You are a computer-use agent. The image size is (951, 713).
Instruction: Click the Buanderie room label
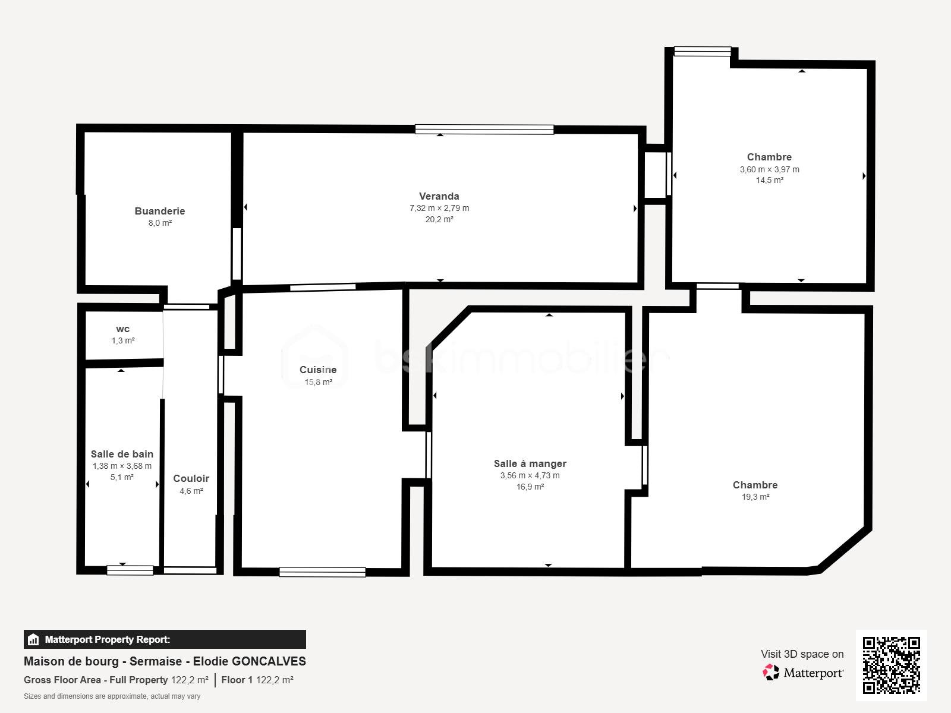pyautogui.click(x=159, y=211)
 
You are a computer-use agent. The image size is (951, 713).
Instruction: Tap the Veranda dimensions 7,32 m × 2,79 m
pyautogui.click(x=439, y=208)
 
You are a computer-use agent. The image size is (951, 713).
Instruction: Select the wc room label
pyautogui.click(x=122, y=329)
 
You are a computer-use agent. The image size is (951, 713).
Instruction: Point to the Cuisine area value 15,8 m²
pyautogui.click(x=319, y=382)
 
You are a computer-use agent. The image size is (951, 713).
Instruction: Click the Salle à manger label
pyautogui.click(x=530, y=463)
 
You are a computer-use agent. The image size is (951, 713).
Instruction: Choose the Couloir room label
pyautogui.click(x=191, y=478)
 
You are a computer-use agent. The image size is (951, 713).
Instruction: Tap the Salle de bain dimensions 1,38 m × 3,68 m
pyautogui.click(x=122, y=466)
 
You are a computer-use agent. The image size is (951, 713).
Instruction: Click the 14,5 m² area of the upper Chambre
pyautogui.click(x=769, y=180)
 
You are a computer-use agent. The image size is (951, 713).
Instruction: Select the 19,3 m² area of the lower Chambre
pyautogui.click(x=755, y=497)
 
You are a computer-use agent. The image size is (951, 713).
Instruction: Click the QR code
pyautogui.click(x=891, y=665)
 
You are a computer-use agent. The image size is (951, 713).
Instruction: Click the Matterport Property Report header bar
pyautogui.click(x=165, y=639)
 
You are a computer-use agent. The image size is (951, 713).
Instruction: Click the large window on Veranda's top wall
pyautogui.click(x=484, y=130)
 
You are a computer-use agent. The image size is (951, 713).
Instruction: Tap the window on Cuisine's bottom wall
pyautogui.click(x=322, y=572)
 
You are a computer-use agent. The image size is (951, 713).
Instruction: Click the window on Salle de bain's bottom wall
pyautogui.click(x=130, y=570)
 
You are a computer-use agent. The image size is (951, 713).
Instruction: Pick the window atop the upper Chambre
pyautogui.click(x=702, y=52)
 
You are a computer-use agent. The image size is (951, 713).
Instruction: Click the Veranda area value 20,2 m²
pyautogui.click(x=439, y=219)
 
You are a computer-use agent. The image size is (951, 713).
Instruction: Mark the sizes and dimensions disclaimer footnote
pyautogui.click(x=112, y=696)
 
